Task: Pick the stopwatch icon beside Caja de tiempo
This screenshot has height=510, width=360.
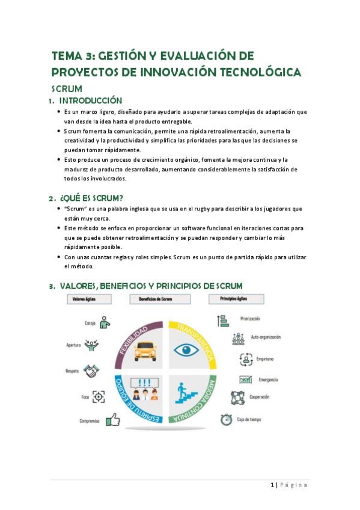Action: [226, 419]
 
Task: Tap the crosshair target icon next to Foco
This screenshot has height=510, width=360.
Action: [99, 397]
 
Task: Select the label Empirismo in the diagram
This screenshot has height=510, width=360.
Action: [264, 359]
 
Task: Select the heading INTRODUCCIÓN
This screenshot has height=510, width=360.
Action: [90, 100]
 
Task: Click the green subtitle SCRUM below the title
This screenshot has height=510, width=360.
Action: [67, 88]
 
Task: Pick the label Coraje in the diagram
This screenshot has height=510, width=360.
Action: [90, 323]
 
